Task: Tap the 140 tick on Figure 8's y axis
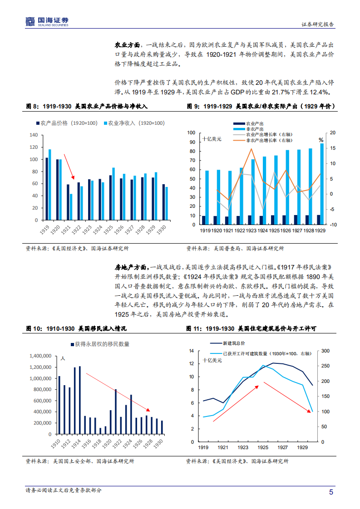(33, 135)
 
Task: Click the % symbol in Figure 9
(321, 140)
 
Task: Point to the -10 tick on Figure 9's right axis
(333, 225)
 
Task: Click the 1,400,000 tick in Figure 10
(40, 356)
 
